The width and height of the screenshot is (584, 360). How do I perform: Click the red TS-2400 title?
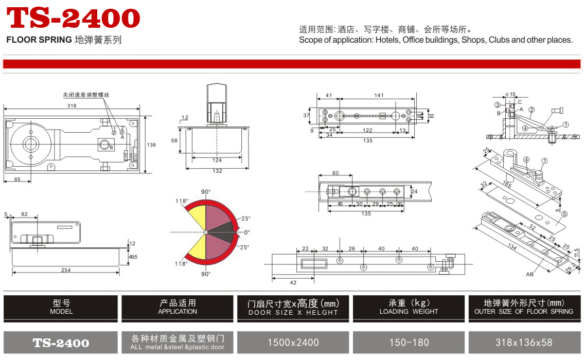click(74, 18)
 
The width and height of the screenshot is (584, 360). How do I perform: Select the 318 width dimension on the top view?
click(72, 106)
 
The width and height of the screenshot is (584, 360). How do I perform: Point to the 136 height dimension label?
click(151, 145)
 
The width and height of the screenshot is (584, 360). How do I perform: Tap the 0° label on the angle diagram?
click(247, 232)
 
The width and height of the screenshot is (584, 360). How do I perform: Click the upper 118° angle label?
click(182, 201)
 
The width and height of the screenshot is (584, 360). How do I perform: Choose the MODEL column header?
click(61, 308)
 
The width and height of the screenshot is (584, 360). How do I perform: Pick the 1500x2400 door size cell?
click(293, 343)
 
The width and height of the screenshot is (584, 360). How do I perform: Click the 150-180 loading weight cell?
click(409, 343)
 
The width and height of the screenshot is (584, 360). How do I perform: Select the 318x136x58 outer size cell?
click(524, 343)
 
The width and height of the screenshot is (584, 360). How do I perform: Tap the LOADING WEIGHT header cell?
click(409, 308)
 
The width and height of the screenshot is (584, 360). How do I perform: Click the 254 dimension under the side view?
click(66, 271)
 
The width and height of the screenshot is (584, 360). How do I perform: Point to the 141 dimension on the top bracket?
click(379, 95)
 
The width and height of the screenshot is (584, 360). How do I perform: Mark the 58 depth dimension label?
click(174, 141)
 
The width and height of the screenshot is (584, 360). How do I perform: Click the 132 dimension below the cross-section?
click(217, 171)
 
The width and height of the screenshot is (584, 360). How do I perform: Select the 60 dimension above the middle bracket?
click(335, 173)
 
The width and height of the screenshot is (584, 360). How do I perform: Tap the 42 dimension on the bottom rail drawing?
click(293, 282)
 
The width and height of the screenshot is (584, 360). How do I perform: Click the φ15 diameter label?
click(510, 94)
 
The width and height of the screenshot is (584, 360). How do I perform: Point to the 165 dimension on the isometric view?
click(507, 184)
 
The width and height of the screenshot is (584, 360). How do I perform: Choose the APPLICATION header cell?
click(178, 308)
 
